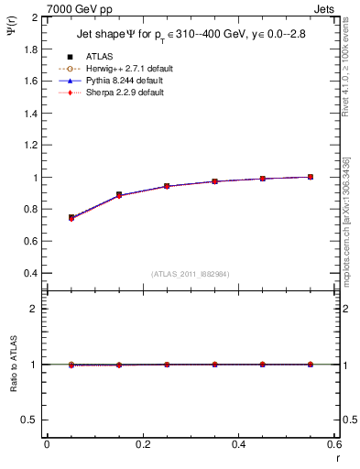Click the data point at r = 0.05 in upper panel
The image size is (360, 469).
[71, 218]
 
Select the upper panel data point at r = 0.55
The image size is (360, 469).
[311, 177]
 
